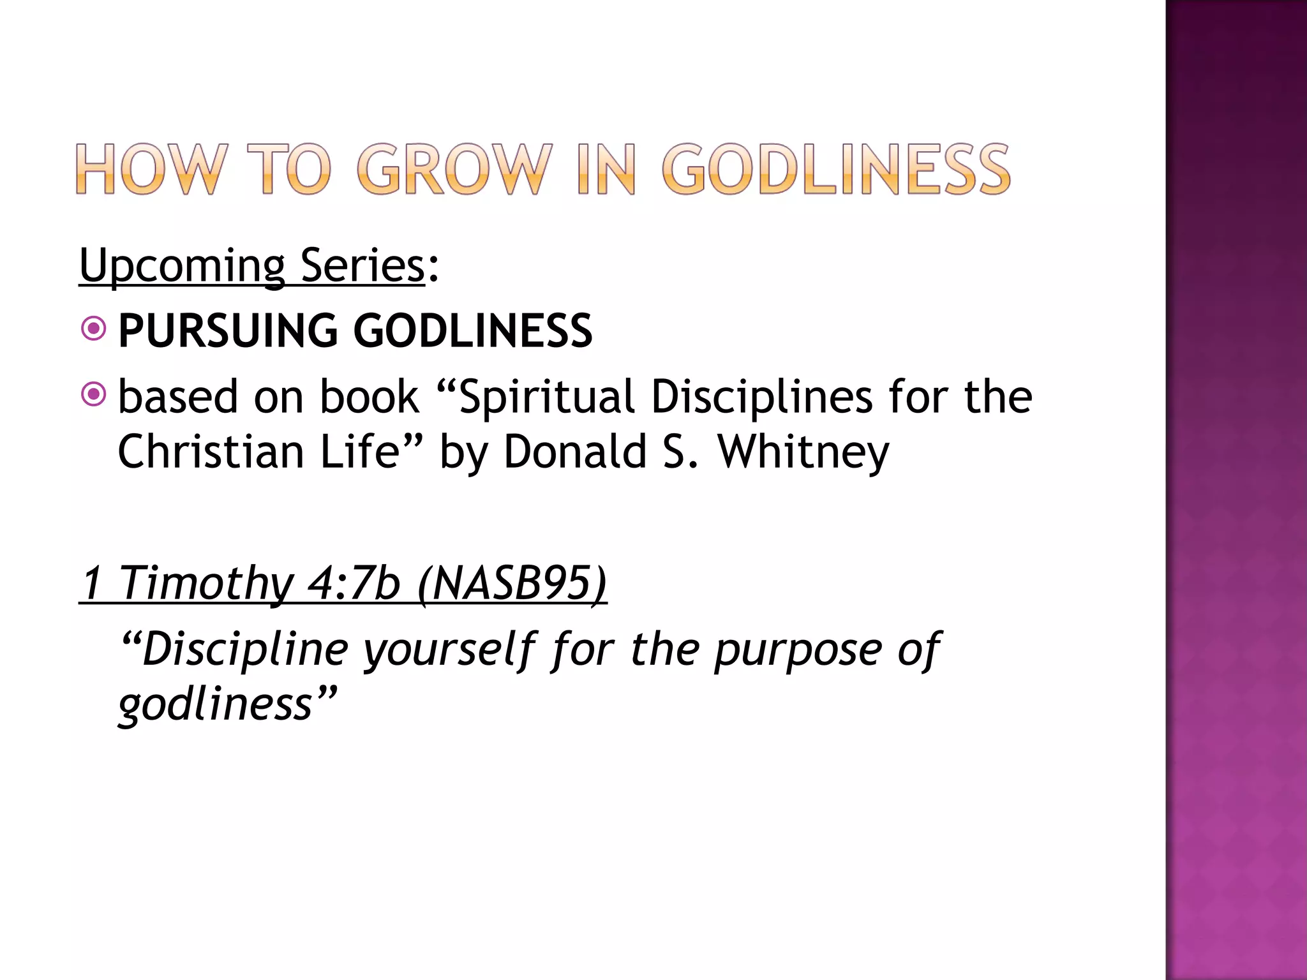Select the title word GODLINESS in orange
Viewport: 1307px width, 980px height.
[836, 169]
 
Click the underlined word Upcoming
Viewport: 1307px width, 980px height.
[182, 266]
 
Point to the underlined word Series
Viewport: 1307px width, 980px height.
[362, 265]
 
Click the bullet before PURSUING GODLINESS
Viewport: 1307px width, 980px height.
[94, 329]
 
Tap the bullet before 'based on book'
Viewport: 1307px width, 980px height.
[94, 395]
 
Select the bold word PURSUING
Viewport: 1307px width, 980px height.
[228, 330]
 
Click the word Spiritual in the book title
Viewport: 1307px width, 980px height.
[546, 397]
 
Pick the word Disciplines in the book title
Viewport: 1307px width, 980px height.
[761, 397]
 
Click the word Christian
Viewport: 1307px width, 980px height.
[211, 452]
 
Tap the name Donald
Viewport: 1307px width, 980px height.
[575, 452]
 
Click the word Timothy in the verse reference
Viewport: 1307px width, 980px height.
[206, 583]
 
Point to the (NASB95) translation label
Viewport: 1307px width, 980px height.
[512, 583]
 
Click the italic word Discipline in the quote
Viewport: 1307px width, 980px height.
[244, 650]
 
